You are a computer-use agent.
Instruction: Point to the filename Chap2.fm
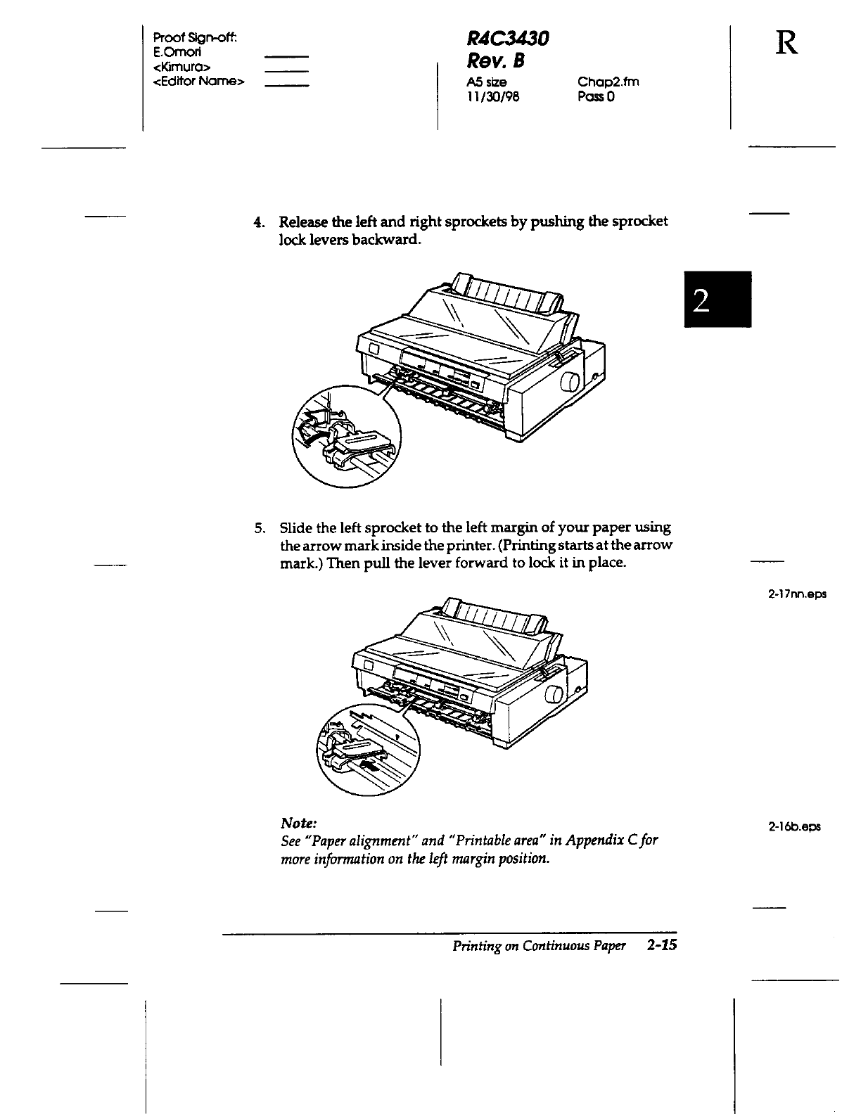608,82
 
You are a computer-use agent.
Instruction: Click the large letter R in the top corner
787,44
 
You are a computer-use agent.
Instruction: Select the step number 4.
258,222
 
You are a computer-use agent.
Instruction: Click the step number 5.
259,527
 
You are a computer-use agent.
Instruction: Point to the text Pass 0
596,96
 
